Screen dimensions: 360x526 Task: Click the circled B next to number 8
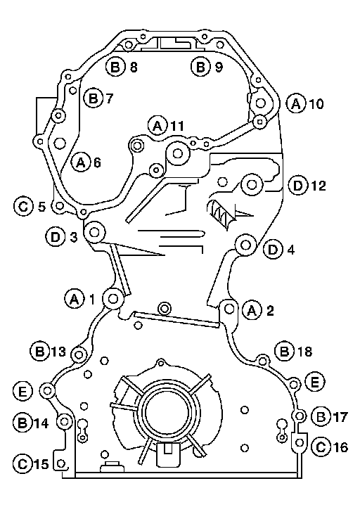click(x=115, y=66)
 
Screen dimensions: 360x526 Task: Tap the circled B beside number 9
click(x=200, y=66)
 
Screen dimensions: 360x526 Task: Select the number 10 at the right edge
click(x=316, y=103)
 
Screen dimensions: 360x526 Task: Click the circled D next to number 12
click(x=298, y=185)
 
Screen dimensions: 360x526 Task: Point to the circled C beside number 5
click(x=23, y=206)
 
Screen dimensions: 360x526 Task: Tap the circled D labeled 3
click(x=56, y=236)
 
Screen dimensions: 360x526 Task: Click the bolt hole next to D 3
click(x=94, y=232)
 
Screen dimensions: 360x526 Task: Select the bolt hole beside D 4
click(x=245, y=245)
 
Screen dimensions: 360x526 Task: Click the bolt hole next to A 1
click(x=112, y=298)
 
